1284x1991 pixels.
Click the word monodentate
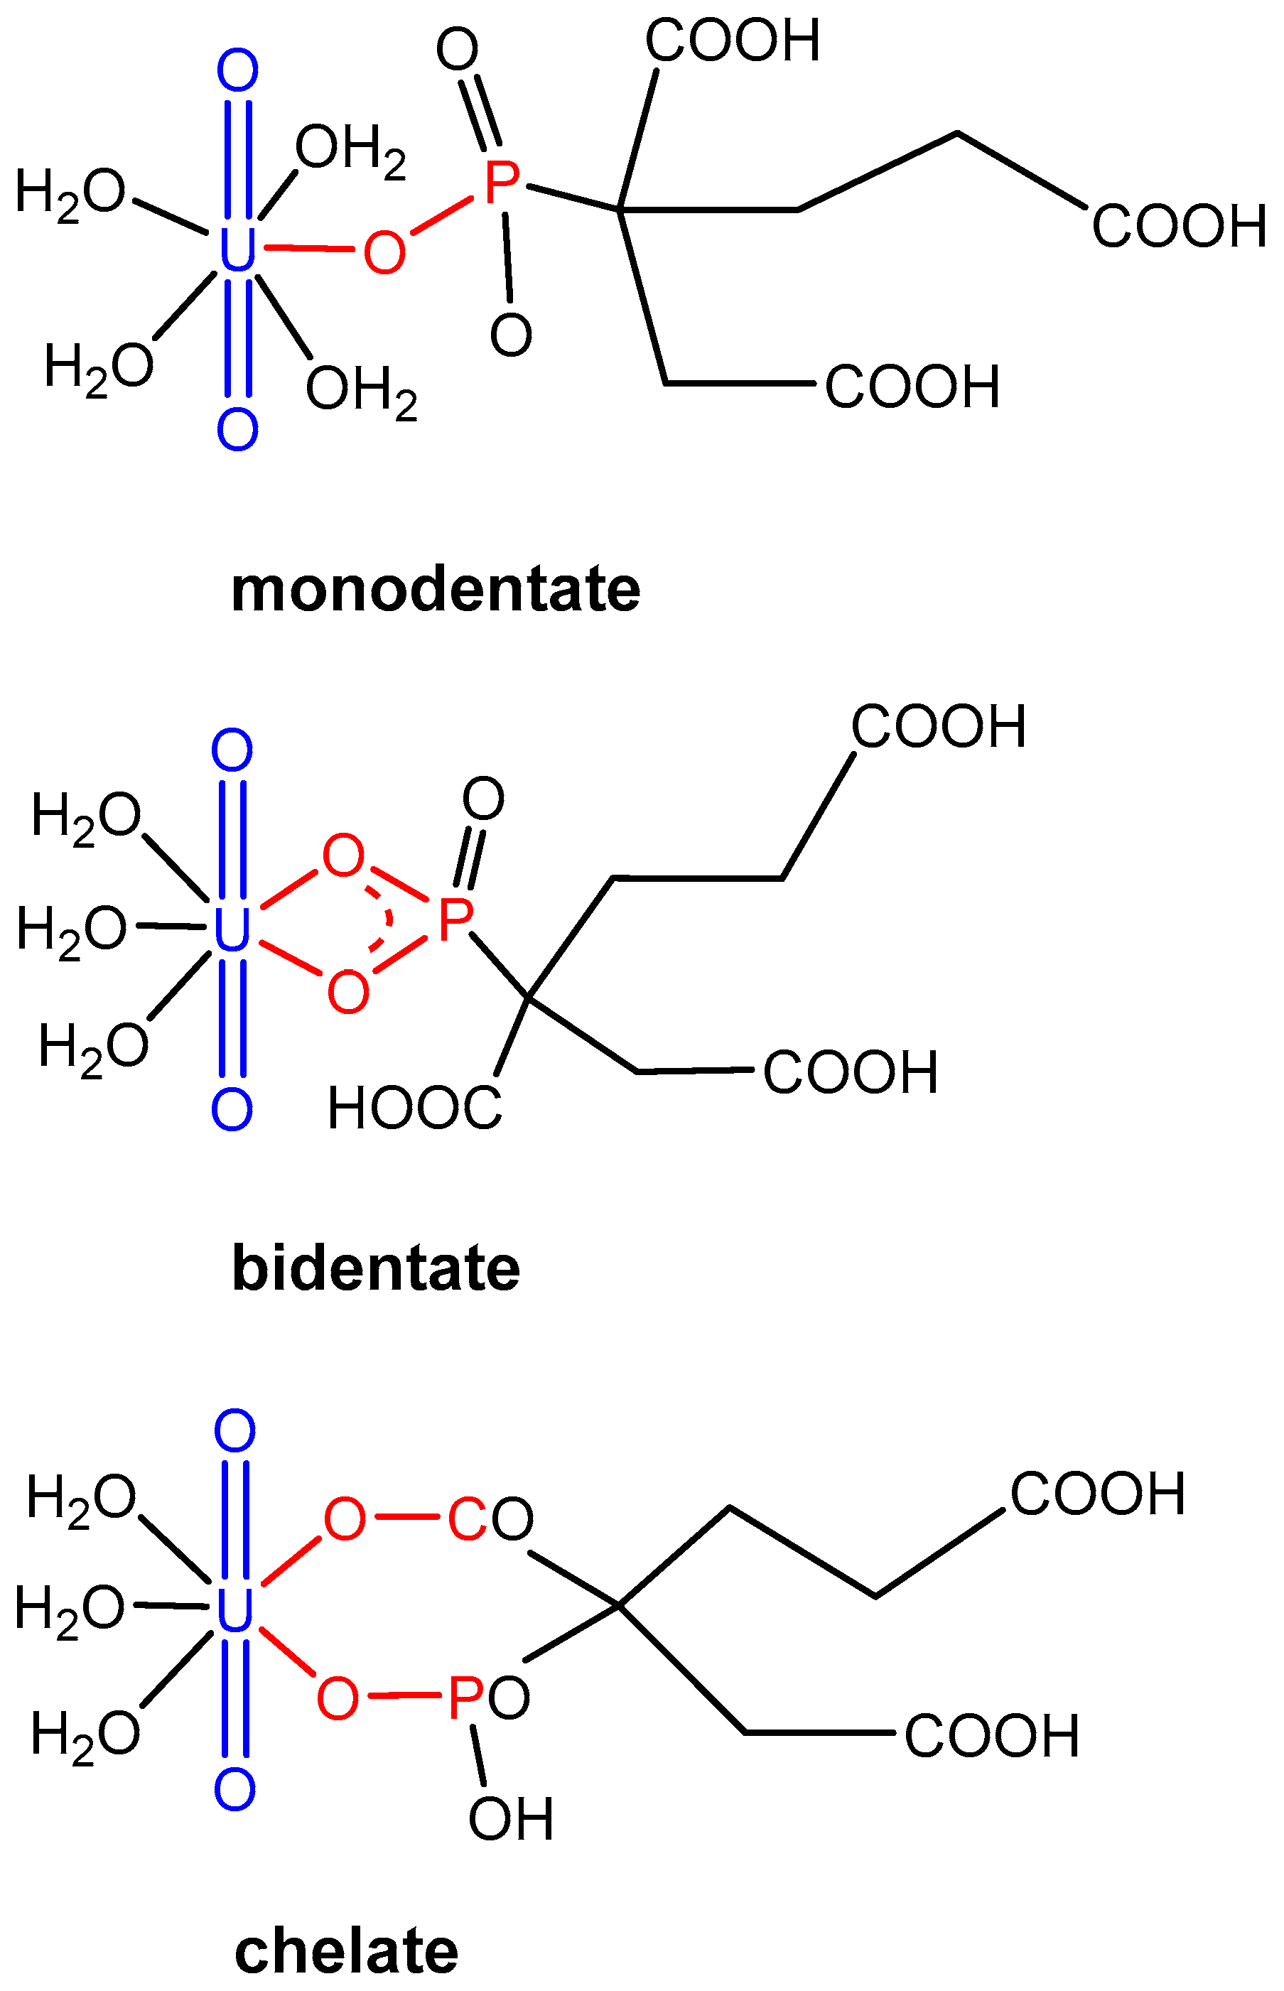pyautogui.click(x=436, y=590)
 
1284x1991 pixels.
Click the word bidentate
pyautogui.click(x=376, y=1268)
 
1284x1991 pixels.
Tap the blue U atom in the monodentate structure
pyautogui.click(x=237, y=249)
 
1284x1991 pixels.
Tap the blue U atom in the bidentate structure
pyautogui.click(x=232, y=929)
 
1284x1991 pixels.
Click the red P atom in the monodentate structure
pyautogui.click(x=501, y=183)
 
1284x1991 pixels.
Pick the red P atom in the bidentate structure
pyautogui.click(x=455, y=919)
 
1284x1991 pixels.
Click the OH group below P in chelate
pyautogui.click(x=510, y=1818)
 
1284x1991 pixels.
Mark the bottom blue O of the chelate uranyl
pyautogui.click(x=234, y=1789)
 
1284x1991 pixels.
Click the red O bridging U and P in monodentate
pyautogui.click(x=384, y=251)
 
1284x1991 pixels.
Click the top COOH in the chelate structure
pyautogui.click(x=1097, y=1494)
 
